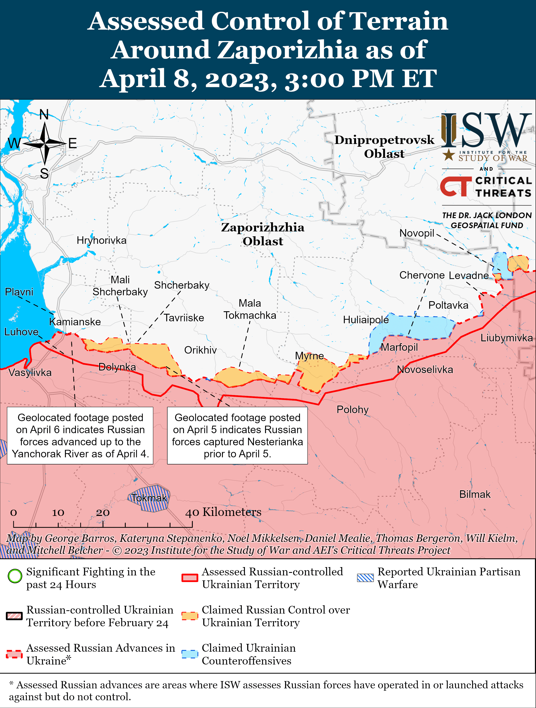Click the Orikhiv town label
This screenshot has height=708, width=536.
[201, 350]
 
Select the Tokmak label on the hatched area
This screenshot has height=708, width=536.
[149, 498]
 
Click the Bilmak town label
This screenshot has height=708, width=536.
[475, 494]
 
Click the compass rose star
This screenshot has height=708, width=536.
[45, 144]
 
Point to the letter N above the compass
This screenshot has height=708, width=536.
[44, 114]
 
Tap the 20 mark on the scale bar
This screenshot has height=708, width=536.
[103, 512]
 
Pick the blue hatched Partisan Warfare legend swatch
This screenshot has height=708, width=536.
[365, 578]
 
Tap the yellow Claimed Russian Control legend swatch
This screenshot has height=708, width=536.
[190, 616]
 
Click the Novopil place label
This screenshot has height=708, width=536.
[417, 233]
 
